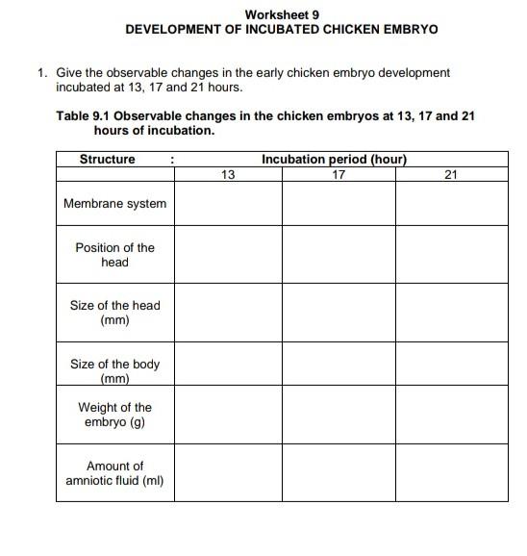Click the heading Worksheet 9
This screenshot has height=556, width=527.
pyautogui.click(x=282, y=14)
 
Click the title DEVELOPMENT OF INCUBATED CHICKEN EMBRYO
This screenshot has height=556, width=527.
pyautogui.click(x=282, y=29)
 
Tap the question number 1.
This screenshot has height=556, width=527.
pyautogui.click(x=41, y=72)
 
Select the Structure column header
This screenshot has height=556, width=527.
pyautogui.click(x=107, y=159)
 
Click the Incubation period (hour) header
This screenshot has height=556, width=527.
pyautogui.click(x=335, y=159)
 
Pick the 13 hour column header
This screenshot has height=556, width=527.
pyautogui.click(x=228, y=174)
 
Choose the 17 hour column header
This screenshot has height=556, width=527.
pyautogui.click(x=338, y=174)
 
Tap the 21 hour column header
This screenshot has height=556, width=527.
pyautogui.click(x=451, y=174)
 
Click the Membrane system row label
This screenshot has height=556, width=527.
pyautogui.click(x=114, y=203)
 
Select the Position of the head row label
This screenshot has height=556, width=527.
pyautogui.click(x=114, y=254)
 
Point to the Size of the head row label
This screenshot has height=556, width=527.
pyautogui.click(x=114, y=313)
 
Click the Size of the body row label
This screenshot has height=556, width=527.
pyautogui.click(x=114, y=371)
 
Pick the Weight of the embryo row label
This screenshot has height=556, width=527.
pyautogui.click(x=114, y=415)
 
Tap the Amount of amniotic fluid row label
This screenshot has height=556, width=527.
pyautogui.click(x=114, y=473)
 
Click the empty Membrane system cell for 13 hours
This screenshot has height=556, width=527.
pyautogui.click(x=228, y=203)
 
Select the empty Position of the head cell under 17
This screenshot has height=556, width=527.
pyautogui.click(x=338, y=254)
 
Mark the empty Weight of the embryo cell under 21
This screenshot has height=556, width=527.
pyautogui.click(x=451, y=415)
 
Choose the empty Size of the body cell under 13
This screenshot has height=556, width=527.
pyautogui.click(x=228, y=371)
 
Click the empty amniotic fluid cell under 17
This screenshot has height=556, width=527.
pyautogui.click(x=338, y=473)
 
